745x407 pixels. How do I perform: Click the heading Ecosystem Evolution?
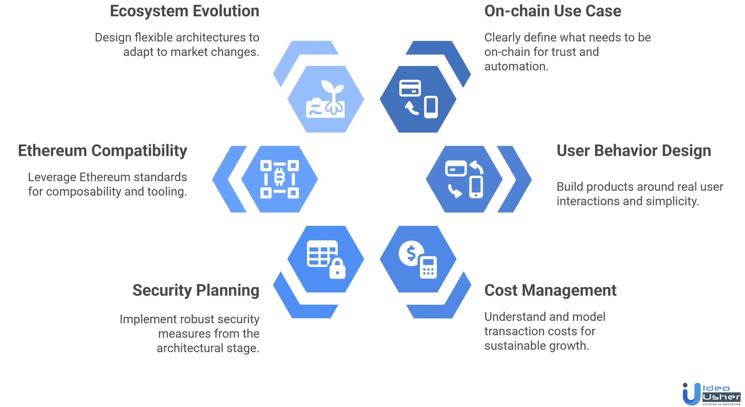(185, 12)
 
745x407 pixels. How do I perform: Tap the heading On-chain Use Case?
(553, 12)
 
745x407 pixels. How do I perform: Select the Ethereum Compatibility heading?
(102, 151)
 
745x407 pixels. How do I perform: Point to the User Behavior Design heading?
(634, 151)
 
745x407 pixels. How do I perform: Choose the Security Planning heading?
(196, 290)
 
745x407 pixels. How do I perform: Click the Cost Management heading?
(550, 290)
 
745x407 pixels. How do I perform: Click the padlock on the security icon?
(337, 269)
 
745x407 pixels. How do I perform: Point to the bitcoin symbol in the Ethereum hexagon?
(279, 176)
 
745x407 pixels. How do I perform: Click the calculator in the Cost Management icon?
(428, 267)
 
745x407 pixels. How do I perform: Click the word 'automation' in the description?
(516, 67)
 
